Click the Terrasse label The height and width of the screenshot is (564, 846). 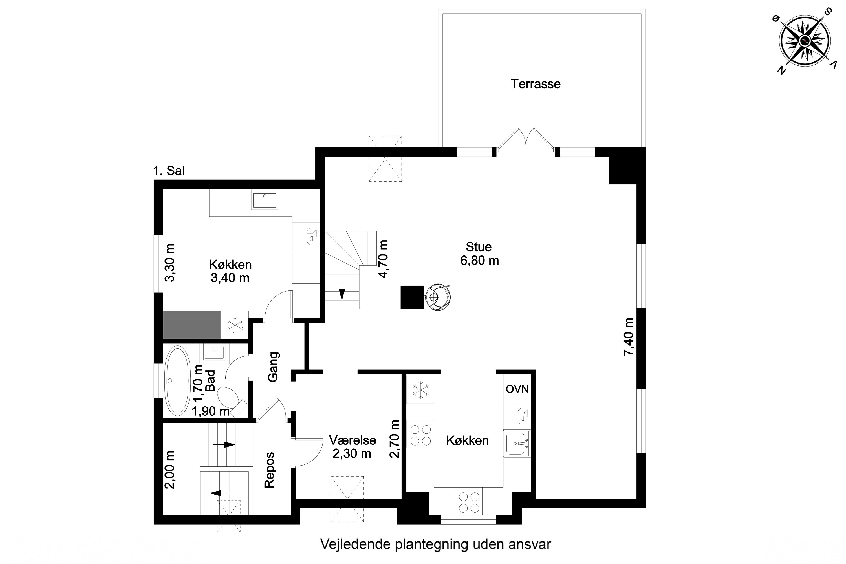536,84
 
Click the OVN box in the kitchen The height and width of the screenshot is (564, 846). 517,389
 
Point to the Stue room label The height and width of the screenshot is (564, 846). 478,247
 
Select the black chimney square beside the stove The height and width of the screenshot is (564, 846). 413,297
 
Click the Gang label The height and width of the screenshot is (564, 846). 273,367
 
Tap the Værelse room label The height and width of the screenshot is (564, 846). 352,440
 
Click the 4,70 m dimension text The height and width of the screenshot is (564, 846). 384,259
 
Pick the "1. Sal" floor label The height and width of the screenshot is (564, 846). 169,171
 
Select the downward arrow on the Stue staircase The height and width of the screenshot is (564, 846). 342,288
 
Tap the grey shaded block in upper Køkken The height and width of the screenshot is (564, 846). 192,325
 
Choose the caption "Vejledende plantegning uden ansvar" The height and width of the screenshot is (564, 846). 436,544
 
